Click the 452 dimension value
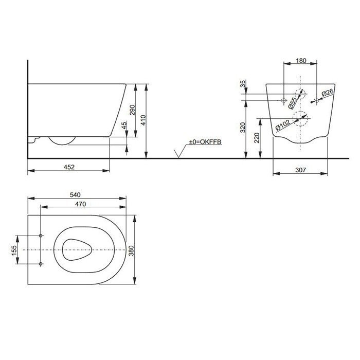coord(69,166)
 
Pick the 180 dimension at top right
coord(301,61)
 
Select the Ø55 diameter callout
coord(292,102)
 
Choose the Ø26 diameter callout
coord(328,93)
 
